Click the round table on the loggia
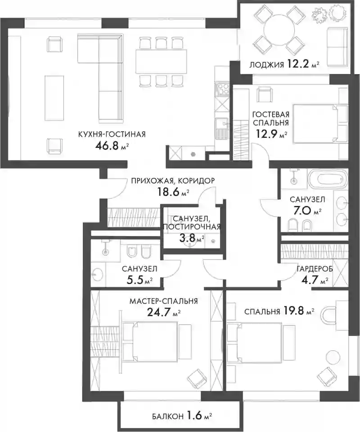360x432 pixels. coord(278,31)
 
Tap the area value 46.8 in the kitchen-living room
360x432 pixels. coord(106,145)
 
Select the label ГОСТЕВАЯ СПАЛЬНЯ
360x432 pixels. coord(271,119)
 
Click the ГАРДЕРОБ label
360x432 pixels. coord(315,269)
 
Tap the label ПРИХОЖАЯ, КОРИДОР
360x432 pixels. coord(173,181)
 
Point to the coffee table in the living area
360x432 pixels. coord(54,98)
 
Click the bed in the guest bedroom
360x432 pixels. coord(319,123)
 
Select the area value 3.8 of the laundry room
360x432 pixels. coord(187,238)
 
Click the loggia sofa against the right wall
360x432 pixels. coord(337,47)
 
